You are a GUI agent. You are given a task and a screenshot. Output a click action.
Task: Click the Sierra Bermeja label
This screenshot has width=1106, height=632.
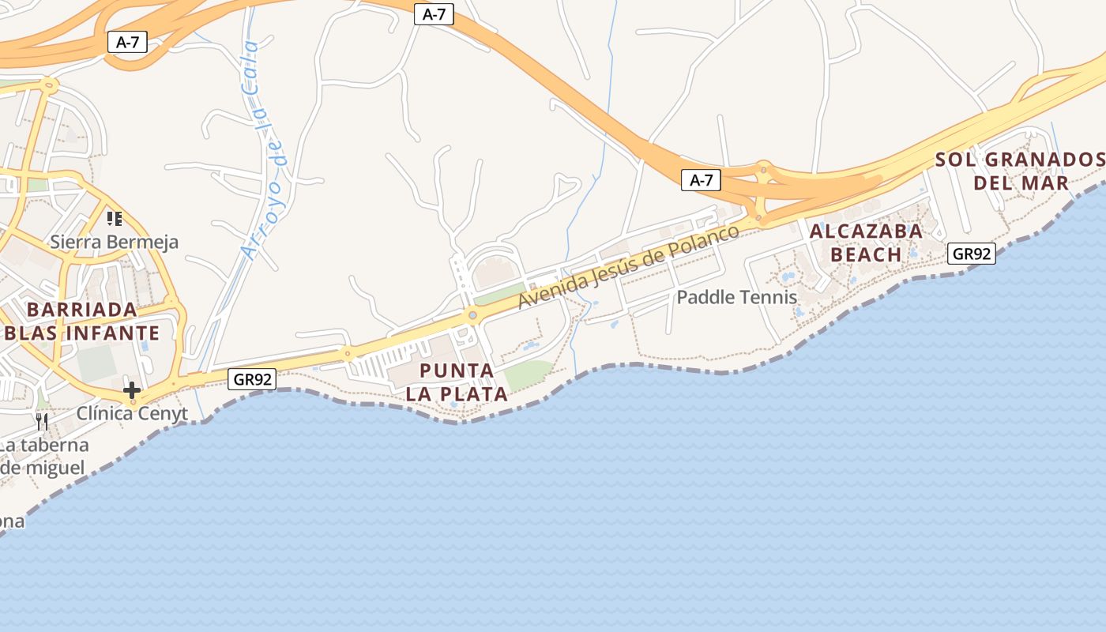pos(115,242)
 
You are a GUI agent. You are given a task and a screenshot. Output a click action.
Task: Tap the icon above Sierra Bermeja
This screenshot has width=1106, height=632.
pos(115,218)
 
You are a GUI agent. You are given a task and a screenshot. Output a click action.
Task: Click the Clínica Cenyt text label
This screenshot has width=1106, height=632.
pos(132,413)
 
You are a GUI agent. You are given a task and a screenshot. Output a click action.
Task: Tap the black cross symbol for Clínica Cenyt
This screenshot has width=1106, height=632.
pos(132,390)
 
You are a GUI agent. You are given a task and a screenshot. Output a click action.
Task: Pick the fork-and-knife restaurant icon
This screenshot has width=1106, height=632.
pos(42,421)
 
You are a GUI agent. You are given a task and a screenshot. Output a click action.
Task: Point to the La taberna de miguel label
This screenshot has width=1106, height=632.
pos(43,456)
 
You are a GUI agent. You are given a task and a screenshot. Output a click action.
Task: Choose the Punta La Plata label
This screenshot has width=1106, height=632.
pos(457,382)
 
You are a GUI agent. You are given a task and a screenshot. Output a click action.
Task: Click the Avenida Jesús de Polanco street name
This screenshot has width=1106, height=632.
pos(629,266)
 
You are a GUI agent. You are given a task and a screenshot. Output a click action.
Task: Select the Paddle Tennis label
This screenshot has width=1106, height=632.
pos(737,298)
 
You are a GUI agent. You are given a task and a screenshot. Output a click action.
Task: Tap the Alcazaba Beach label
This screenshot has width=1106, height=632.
pos(866,243)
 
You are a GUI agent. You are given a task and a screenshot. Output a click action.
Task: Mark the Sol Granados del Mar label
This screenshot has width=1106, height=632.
pos(1020,171)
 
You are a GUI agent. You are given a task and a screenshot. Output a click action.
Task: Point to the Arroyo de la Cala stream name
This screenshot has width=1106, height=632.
pos(265,151)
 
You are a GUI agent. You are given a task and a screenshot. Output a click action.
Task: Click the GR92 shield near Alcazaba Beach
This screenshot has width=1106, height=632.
pos(971,254)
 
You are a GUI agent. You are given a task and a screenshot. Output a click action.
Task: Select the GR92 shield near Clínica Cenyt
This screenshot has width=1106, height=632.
pos(253,379)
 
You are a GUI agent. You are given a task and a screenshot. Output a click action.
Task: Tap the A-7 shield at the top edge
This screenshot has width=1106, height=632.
pos(434,14)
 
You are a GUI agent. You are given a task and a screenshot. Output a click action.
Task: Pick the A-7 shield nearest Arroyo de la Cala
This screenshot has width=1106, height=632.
pos(127,43)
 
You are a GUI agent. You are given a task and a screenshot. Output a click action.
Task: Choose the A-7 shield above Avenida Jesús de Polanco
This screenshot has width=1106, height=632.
pos(701,180)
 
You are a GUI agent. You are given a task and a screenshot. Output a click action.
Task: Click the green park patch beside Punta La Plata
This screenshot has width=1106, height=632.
pos(528,374)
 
